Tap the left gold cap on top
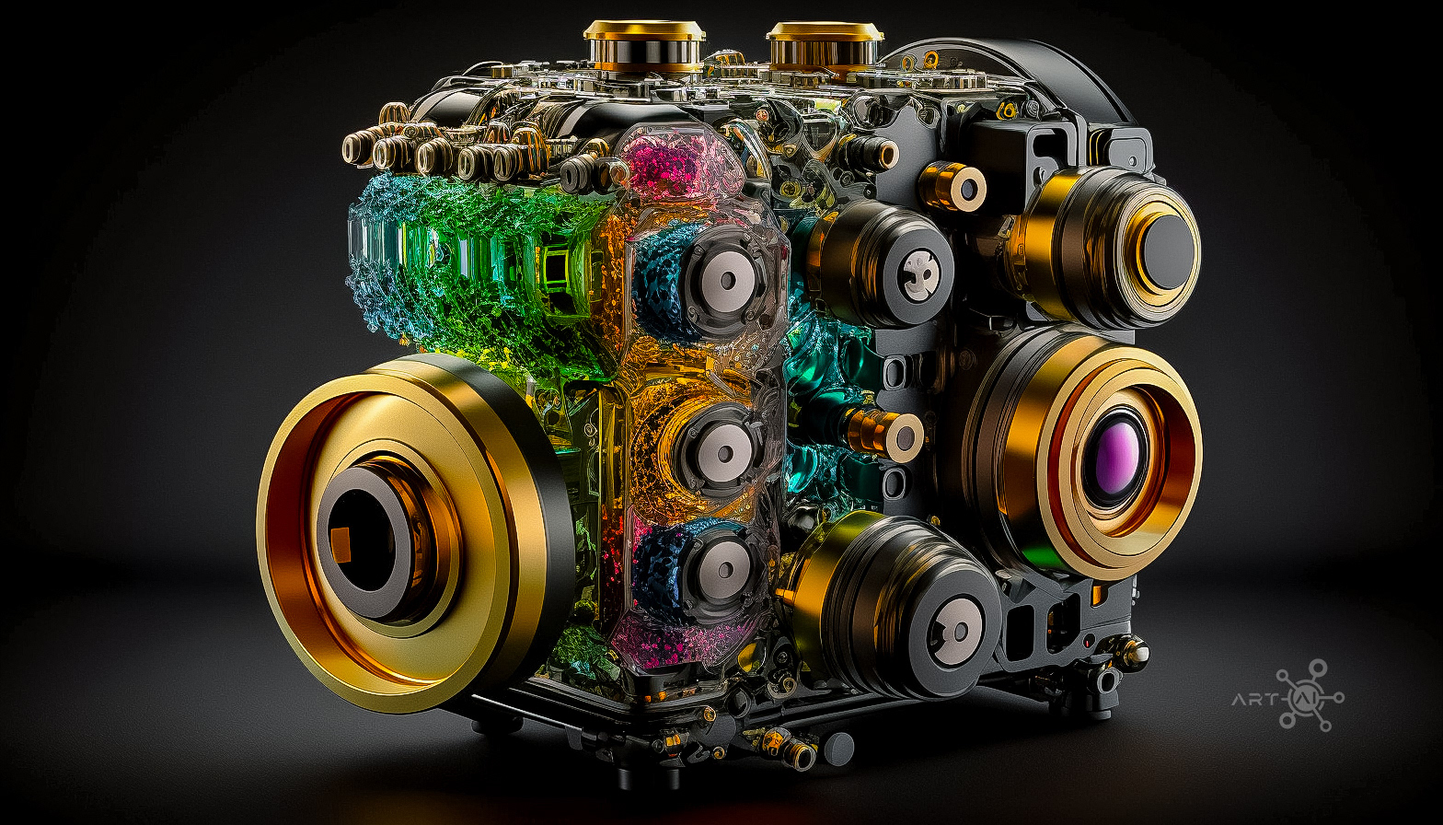(x=644, y=46)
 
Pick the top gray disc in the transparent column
(x=727, y=280)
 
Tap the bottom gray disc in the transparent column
(x=725, y=569)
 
